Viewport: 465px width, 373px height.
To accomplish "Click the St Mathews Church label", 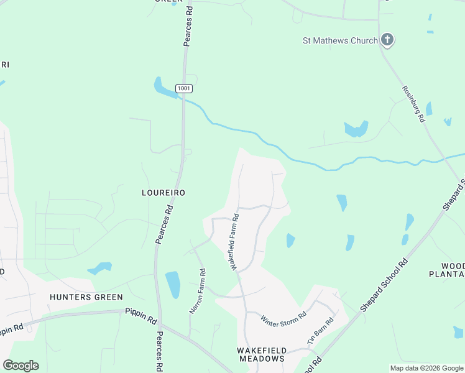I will pos(339,41).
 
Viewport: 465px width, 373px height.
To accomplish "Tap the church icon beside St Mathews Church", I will pos(387,40).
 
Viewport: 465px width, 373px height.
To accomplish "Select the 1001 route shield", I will pos(183,89).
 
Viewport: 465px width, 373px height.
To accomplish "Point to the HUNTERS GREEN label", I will pos(86,297).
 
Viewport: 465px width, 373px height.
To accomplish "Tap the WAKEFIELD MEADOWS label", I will pos(261,354).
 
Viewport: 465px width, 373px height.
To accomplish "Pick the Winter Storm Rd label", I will pos(283,319).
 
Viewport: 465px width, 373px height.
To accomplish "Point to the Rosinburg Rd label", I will pos(413,103).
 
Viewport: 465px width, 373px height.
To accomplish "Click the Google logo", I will pos(21,366).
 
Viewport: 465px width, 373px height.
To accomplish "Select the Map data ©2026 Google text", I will pos(426,368).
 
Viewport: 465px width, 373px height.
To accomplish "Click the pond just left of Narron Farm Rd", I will pos(173,284).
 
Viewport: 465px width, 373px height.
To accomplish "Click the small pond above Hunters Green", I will pos(99,269).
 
